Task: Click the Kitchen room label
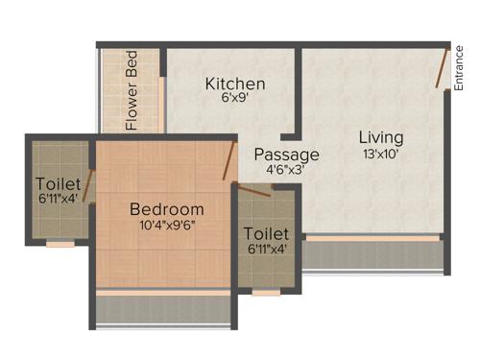coord(235,84)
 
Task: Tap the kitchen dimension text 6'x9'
coord(235,99)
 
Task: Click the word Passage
coord(286,154)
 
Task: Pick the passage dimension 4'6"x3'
coord(285,170)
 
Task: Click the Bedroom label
coord(167,209)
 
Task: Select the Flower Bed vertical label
coord(132,90)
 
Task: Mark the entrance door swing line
coord(442,68)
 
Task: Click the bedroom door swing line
coord(230,160)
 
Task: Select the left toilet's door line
coord(88,184)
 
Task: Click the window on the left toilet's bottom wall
coord(60,245)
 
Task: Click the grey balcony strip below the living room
coord(375,254)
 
